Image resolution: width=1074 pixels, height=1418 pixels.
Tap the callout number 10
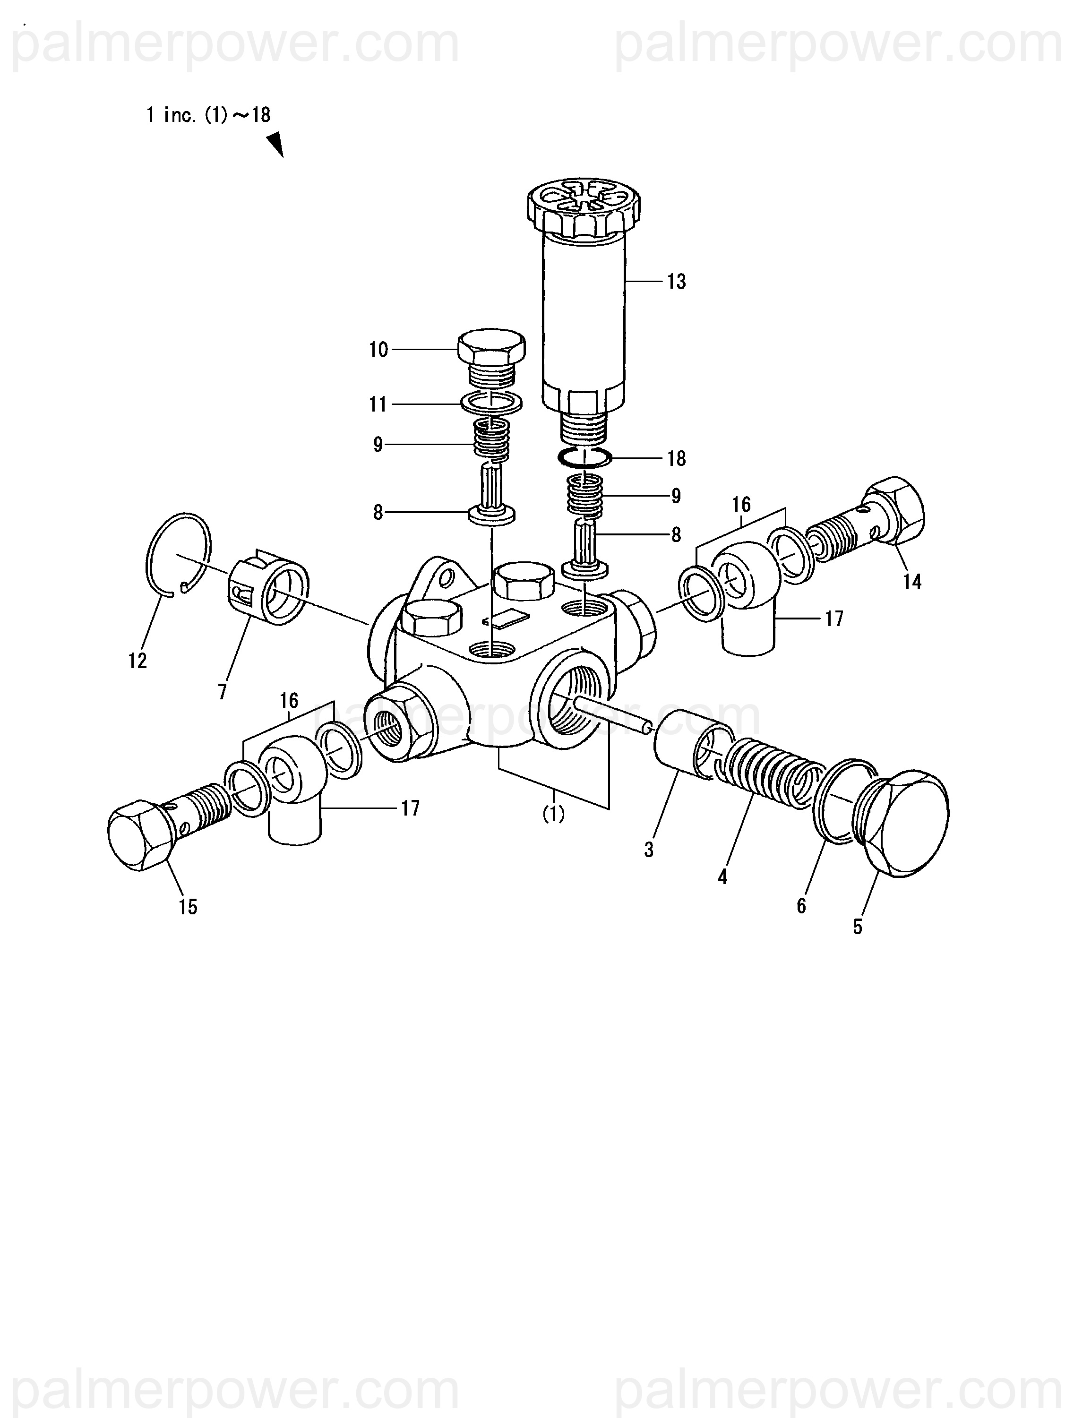[378, 350]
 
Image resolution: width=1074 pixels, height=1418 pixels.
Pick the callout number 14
[912, 582]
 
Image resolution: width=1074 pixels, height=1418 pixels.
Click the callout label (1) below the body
[553, 814]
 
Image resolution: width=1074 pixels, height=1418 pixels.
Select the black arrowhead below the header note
[276, 144]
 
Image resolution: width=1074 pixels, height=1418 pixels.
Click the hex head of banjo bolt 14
[896, 510]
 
